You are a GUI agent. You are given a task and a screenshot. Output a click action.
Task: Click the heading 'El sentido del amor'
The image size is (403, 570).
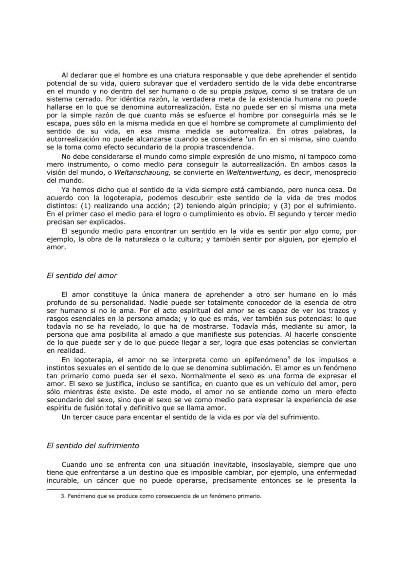click(82, 276)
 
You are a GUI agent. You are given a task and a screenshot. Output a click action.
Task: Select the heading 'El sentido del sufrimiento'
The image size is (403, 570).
click(92, 445)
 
